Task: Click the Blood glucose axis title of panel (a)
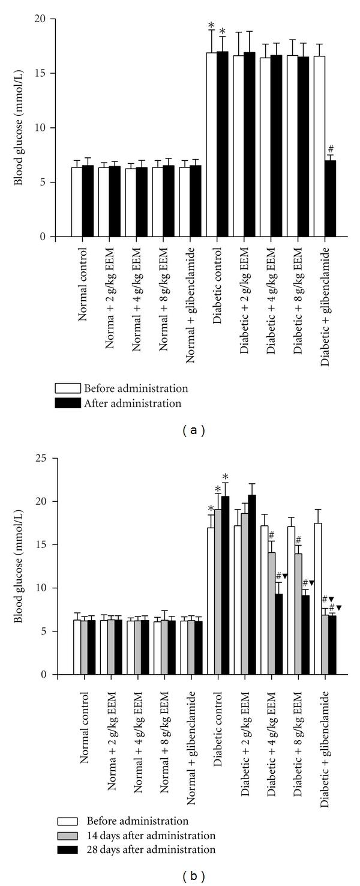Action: point(20,128)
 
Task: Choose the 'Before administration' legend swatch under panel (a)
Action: point(67,388)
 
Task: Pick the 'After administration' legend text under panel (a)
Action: point(133,403)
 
